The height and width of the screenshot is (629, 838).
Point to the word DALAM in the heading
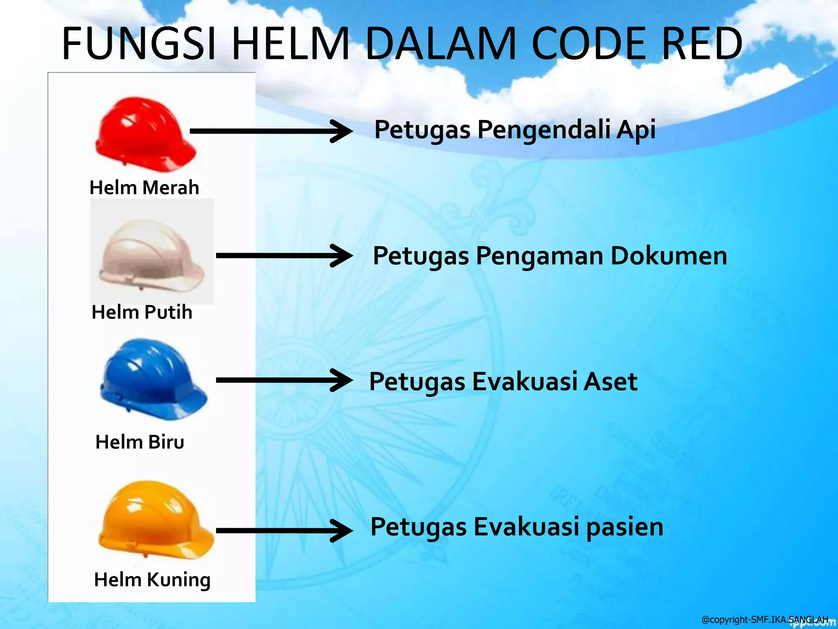440,43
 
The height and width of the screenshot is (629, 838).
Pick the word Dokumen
669,256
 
